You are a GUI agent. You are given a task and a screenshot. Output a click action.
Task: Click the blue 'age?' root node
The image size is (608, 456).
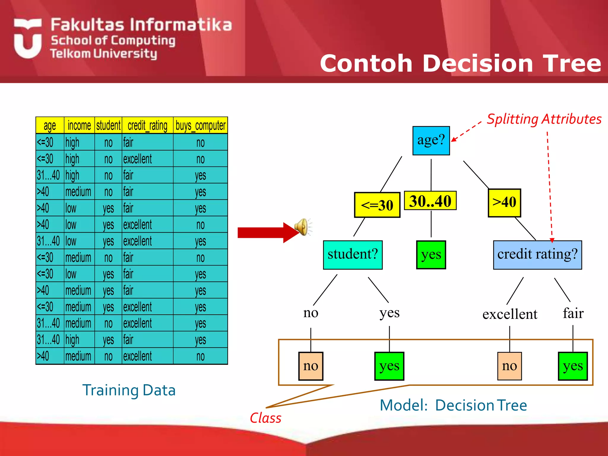tap(431, 140)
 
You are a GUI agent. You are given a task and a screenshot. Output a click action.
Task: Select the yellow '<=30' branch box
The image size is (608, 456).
tap(377, 205)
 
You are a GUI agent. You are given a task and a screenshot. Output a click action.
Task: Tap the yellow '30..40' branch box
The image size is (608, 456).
tap(430, 201)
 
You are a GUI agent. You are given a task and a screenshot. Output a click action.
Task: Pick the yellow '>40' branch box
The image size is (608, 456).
tap(504, 203)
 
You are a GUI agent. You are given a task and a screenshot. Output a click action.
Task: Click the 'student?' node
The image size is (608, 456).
tap(353, 255)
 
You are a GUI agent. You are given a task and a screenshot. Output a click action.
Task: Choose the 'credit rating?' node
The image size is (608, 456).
tap(537, 255)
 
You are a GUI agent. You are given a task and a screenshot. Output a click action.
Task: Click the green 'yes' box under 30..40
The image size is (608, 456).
tap(431, 255)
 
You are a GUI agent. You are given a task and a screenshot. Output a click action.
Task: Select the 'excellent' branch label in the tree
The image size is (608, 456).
tap(510, 314)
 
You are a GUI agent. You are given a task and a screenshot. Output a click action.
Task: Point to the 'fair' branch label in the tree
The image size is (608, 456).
tap(573, 313)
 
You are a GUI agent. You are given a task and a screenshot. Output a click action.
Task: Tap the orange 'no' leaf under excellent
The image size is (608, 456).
tap(509, 366)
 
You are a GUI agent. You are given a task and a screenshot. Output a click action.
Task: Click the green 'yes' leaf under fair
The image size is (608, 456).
tap(573, 366)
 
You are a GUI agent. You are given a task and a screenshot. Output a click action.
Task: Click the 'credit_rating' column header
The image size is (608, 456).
tap(148, 126)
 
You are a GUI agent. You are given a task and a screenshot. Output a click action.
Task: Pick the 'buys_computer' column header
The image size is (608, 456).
tap(200, 126)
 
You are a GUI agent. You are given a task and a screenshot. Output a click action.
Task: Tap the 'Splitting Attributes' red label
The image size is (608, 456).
tap(544, 119)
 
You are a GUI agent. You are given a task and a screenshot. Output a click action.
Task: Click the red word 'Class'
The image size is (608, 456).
tap(265, 418)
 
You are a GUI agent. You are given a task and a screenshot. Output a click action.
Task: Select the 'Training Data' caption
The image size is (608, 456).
tap(129, 390)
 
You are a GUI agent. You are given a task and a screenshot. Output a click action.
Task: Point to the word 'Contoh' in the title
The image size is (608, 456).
tap(366, 64)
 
